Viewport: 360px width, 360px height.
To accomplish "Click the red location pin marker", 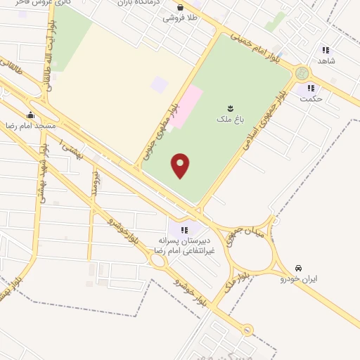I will [181, 165].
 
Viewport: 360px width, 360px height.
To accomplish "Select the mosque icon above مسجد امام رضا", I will [30, 115].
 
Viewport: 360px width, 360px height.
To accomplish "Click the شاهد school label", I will [328, 60].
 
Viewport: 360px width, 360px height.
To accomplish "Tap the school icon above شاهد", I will [325, 49].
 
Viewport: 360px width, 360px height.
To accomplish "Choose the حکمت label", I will [310, 98].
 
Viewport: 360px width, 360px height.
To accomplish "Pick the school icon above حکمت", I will [309, 88].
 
